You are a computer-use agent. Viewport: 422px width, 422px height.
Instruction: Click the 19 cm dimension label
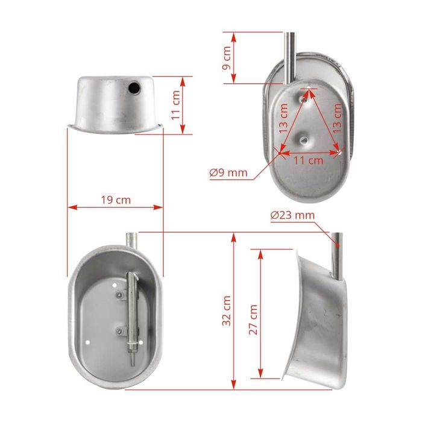tap(116, 200)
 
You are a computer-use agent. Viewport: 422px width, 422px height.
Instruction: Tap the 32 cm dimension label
tap(227, 311)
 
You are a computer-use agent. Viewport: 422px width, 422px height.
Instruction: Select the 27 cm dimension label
tap(253, 320)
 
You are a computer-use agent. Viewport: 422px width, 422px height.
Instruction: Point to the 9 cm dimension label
tap(227, 58)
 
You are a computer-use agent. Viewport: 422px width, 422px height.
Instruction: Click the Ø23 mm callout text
tap(292, 215)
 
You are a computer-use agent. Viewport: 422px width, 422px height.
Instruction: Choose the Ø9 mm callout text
tap(228, 172)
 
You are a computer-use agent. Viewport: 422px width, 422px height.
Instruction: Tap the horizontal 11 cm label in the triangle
tap(309, 160)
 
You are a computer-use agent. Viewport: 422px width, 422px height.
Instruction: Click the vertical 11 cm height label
tap(176, 105)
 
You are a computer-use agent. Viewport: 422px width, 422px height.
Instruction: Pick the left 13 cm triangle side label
tap(283, 119)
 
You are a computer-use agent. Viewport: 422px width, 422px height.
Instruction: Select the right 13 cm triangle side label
tap(337, 119)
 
